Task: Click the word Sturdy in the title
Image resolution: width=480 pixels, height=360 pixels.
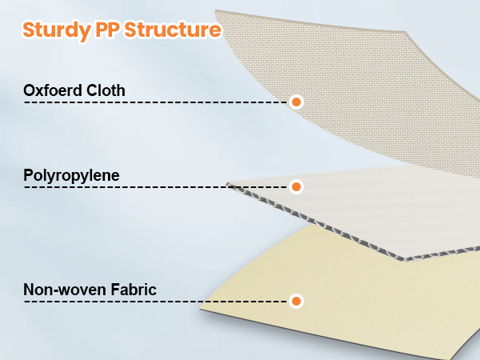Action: pos(56,30)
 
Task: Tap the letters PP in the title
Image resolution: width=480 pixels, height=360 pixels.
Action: pos(107,30)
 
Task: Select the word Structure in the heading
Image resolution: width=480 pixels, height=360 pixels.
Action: pos(173,30)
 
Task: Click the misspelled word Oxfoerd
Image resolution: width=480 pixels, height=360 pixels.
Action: pos(53,90)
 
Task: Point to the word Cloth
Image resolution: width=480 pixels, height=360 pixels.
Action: pos(106,90)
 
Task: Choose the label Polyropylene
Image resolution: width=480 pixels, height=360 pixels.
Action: pos(71,176)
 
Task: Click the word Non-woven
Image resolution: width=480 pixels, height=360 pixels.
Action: pos(65,290)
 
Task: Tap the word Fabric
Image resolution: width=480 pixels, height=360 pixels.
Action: pos(134,290)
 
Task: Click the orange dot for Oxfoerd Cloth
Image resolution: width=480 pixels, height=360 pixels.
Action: pos(296,102)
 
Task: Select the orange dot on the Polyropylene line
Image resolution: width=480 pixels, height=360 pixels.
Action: pos(296,186)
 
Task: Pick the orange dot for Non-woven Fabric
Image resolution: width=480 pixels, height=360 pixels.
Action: pos(296,302)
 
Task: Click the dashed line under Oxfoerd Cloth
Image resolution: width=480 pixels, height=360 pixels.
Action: pos(156,102)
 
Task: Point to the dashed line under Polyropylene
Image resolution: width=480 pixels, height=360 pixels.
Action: pos(156,187)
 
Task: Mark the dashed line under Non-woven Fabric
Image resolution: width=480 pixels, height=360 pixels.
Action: pos(156,302)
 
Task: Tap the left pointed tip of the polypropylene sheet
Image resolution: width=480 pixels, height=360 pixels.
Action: pos(227,184)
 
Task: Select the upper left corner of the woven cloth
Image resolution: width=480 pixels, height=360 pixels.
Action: pos(215,10)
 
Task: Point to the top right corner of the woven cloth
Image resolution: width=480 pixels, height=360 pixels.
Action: pos(406,31)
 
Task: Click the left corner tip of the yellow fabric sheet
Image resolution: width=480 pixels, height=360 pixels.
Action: pos(200,309)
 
